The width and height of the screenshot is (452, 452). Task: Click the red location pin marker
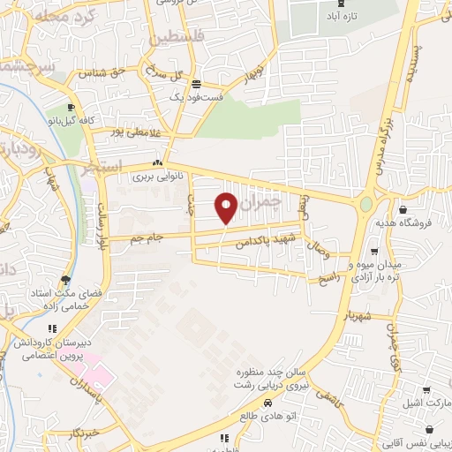click(227, 207)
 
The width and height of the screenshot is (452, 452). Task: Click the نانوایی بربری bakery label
click(157, 177)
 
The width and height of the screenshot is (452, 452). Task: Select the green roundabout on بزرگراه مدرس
click(365, 205)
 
